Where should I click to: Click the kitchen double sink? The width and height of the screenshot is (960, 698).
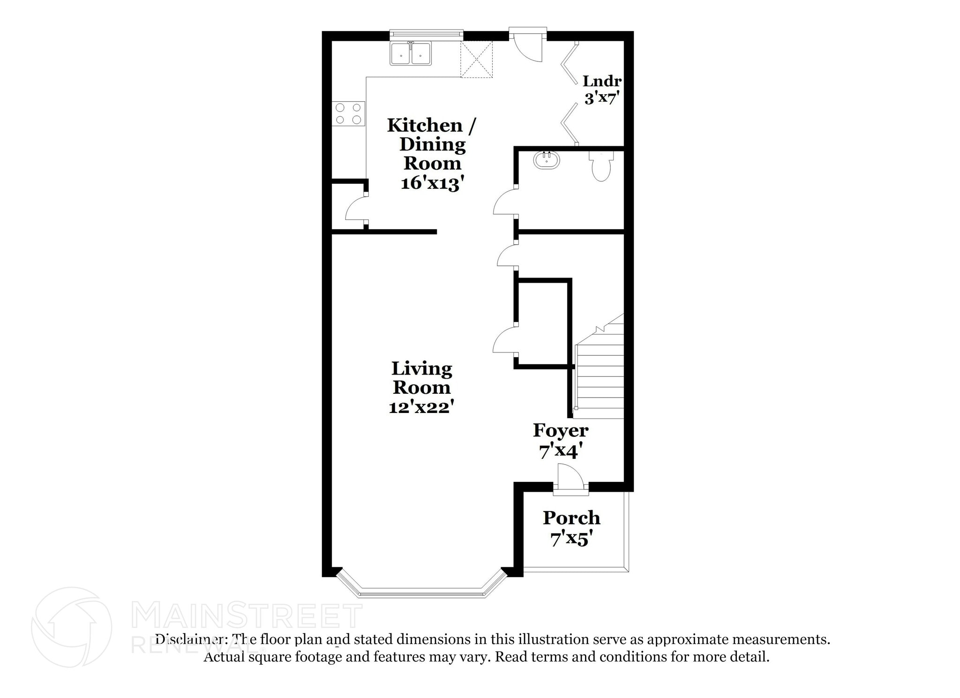pyautogui.click(x=411, y=54)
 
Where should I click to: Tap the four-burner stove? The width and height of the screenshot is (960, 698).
pyautogui.click(x=348, y=113)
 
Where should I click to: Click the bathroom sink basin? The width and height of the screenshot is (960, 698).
pyautogui.click(x=547, y=160)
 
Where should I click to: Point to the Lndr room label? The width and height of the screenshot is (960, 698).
pyautogui.click(x=602, y=81)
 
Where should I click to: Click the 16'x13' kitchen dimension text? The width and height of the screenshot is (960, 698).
pyautogui.click(x=432, y=183)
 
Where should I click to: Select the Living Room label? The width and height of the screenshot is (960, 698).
pyautogui.click(x=421, y=378)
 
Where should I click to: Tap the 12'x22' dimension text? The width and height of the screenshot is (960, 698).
pyautogui.click(x=421, y=406)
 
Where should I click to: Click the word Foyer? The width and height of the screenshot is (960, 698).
pyautogui.click(x=561, y=430)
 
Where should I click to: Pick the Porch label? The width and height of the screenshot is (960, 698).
pyautogui.click(x=571, y=518)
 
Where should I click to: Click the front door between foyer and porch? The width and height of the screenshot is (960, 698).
pyautogui.click(x=570, y=480)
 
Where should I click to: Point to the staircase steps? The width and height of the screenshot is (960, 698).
pyautogui.click(x=600, y=375)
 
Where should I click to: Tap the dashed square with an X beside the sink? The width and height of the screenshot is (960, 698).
pyautogui.click(x=476, y=59)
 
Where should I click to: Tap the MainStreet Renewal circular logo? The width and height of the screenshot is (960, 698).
pyautogui.click(x=72, y=627)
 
